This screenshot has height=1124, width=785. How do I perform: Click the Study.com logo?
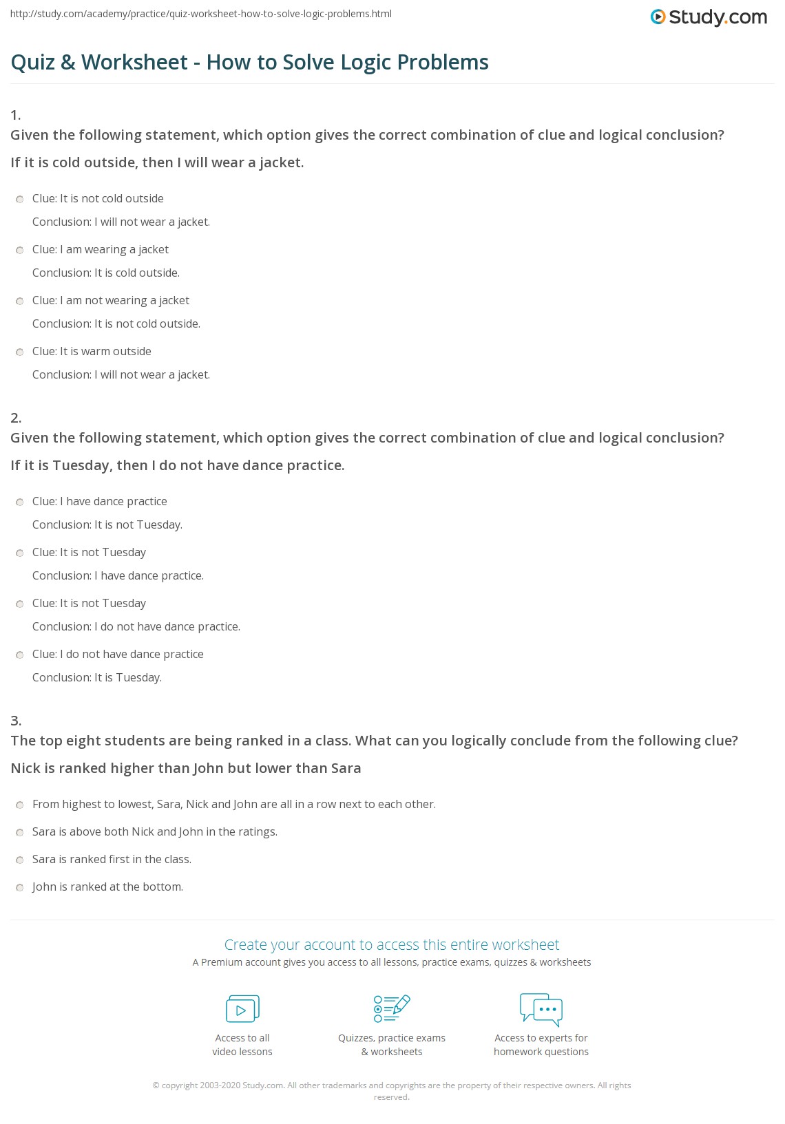pos(709,17)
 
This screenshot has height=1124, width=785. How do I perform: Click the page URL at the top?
pos(201,14)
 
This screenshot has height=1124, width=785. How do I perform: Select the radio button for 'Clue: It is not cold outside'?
pos(20,200)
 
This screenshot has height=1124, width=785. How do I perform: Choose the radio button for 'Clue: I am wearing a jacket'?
pos(20,251)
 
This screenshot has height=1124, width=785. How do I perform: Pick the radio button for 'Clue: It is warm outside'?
pos(20,352)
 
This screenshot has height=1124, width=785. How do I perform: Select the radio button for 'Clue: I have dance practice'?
pos(20,502)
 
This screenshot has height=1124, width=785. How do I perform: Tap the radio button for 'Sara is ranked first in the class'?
pos(20,860)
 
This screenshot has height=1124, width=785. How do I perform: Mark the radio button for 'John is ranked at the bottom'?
pos(20,888)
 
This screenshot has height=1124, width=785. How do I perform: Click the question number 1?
pos(16,115)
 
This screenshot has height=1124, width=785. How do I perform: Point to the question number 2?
pos(16,418)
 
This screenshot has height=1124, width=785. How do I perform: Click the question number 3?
pos(16,721)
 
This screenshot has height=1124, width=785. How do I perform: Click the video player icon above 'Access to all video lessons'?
pos(242,1009)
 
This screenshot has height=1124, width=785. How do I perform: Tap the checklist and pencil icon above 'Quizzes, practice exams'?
pos(392,1009)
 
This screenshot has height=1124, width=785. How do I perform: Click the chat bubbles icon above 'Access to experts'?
pos(541,1009)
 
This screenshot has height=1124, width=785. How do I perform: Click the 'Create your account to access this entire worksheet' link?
pos(392,945)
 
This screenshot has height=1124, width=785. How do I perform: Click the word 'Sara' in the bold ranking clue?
pos(346,769)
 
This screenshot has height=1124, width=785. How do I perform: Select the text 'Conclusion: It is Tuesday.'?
pos(97,678)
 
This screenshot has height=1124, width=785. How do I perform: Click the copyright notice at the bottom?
pos(392,1091)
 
